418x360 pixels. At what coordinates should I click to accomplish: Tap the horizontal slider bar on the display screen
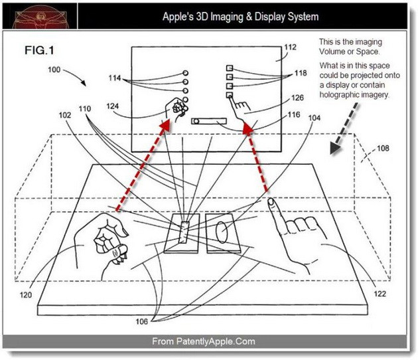tap(209, 122)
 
